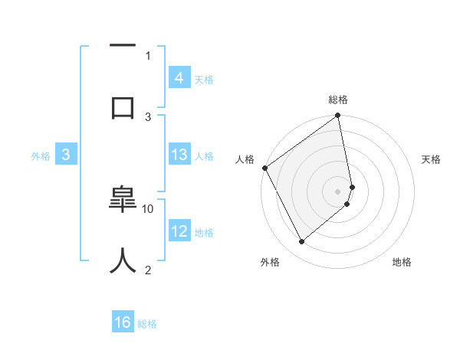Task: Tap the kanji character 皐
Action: (123, 198)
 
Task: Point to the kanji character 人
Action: (123, 260)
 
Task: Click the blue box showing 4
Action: (179, 78)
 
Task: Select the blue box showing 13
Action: (179, 155)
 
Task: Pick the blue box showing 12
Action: (179, 231)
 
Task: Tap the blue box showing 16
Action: (123, 322)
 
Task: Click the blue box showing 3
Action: (66, 155)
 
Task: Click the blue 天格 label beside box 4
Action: (204, 79)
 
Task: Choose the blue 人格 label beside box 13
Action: (204, 155)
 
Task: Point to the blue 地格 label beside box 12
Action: (204, 232)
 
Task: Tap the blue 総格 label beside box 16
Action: (147, 324)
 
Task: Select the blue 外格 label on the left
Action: (41, 155)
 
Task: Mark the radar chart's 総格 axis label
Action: (338, 100)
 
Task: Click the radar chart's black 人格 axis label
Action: (245, 159)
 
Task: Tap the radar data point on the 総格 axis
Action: (338, 116)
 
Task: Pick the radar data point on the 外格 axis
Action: (301, 242)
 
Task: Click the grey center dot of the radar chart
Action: (338, 191)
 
